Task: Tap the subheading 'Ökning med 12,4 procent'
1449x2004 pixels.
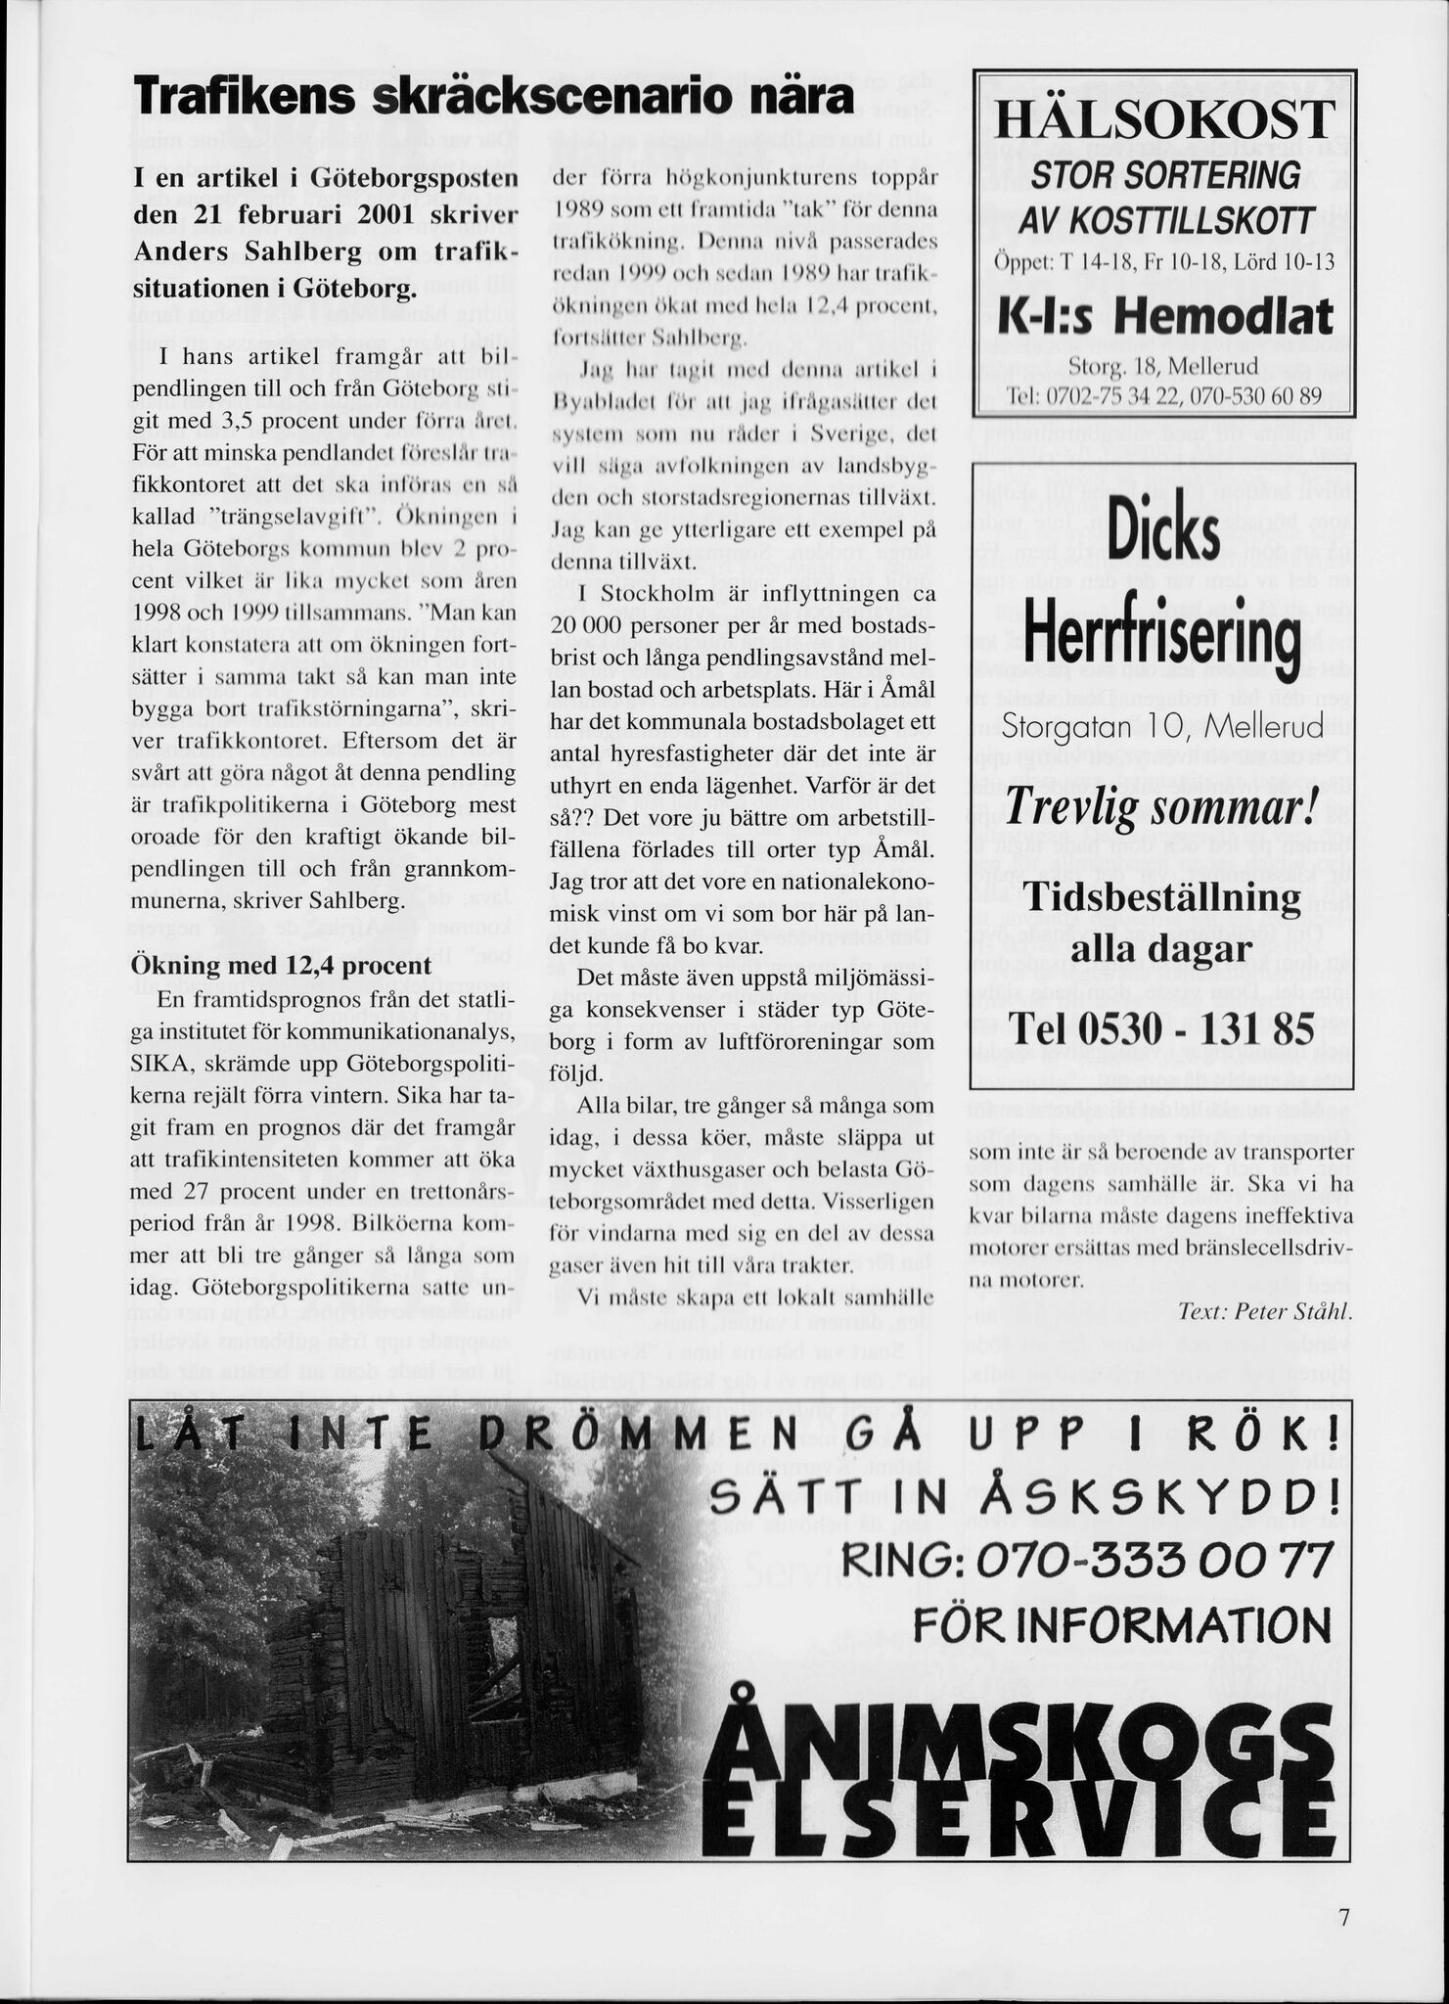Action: point(282,965)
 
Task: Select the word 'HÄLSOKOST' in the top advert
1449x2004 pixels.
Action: point(1163,120)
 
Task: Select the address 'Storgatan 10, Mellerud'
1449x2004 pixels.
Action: point(1163,726)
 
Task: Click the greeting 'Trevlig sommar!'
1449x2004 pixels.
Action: point(1163,808)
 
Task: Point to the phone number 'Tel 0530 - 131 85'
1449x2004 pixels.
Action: point(1163,1027)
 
